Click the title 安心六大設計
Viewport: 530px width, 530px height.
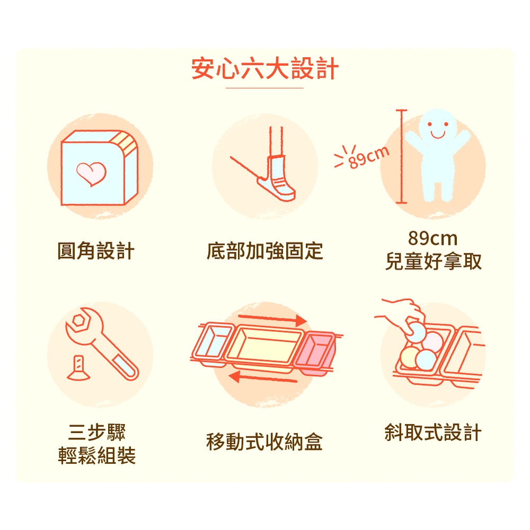point(264,68)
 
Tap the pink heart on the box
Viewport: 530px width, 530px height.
point(91,174)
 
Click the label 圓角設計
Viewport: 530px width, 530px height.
point(96,251)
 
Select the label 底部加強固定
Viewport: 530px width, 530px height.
point(264,251)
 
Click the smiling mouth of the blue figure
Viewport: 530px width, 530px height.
point(438,135)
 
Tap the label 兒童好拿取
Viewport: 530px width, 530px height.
point(434,261)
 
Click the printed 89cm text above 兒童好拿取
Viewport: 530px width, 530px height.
point(433,238)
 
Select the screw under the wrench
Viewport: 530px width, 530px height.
point(78,368)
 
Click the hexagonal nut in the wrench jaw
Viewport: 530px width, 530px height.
point(79,320)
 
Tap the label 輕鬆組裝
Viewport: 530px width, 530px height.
point(96,455)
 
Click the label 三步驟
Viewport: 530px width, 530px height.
point(96,432)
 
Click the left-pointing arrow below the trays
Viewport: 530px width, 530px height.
point(263,377)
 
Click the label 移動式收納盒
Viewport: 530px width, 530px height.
point(264,442)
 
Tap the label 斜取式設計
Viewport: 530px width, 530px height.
point(434,432)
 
